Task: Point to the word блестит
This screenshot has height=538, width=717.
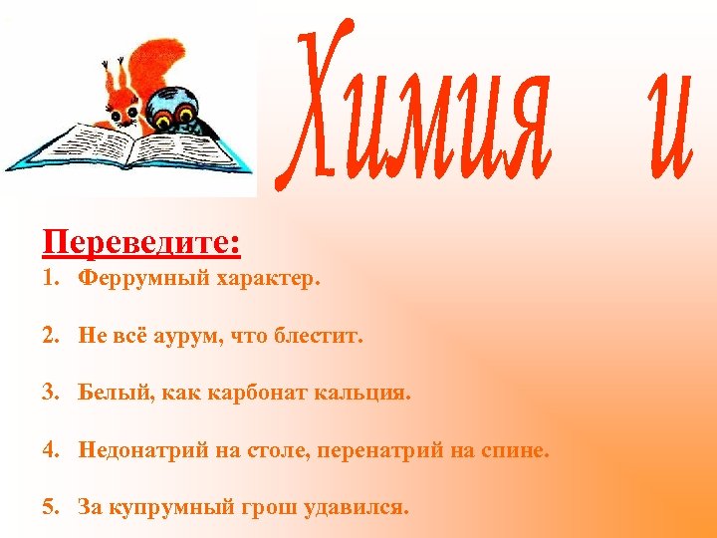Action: [x=320, y=337]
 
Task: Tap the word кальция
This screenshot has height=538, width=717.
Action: [x=362, y=393]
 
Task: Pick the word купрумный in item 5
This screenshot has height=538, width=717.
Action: [x=160, y=507]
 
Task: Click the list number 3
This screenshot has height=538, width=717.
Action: [x=50, y=393]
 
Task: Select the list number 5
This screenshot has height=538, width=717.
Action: [x=50, y=507]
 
